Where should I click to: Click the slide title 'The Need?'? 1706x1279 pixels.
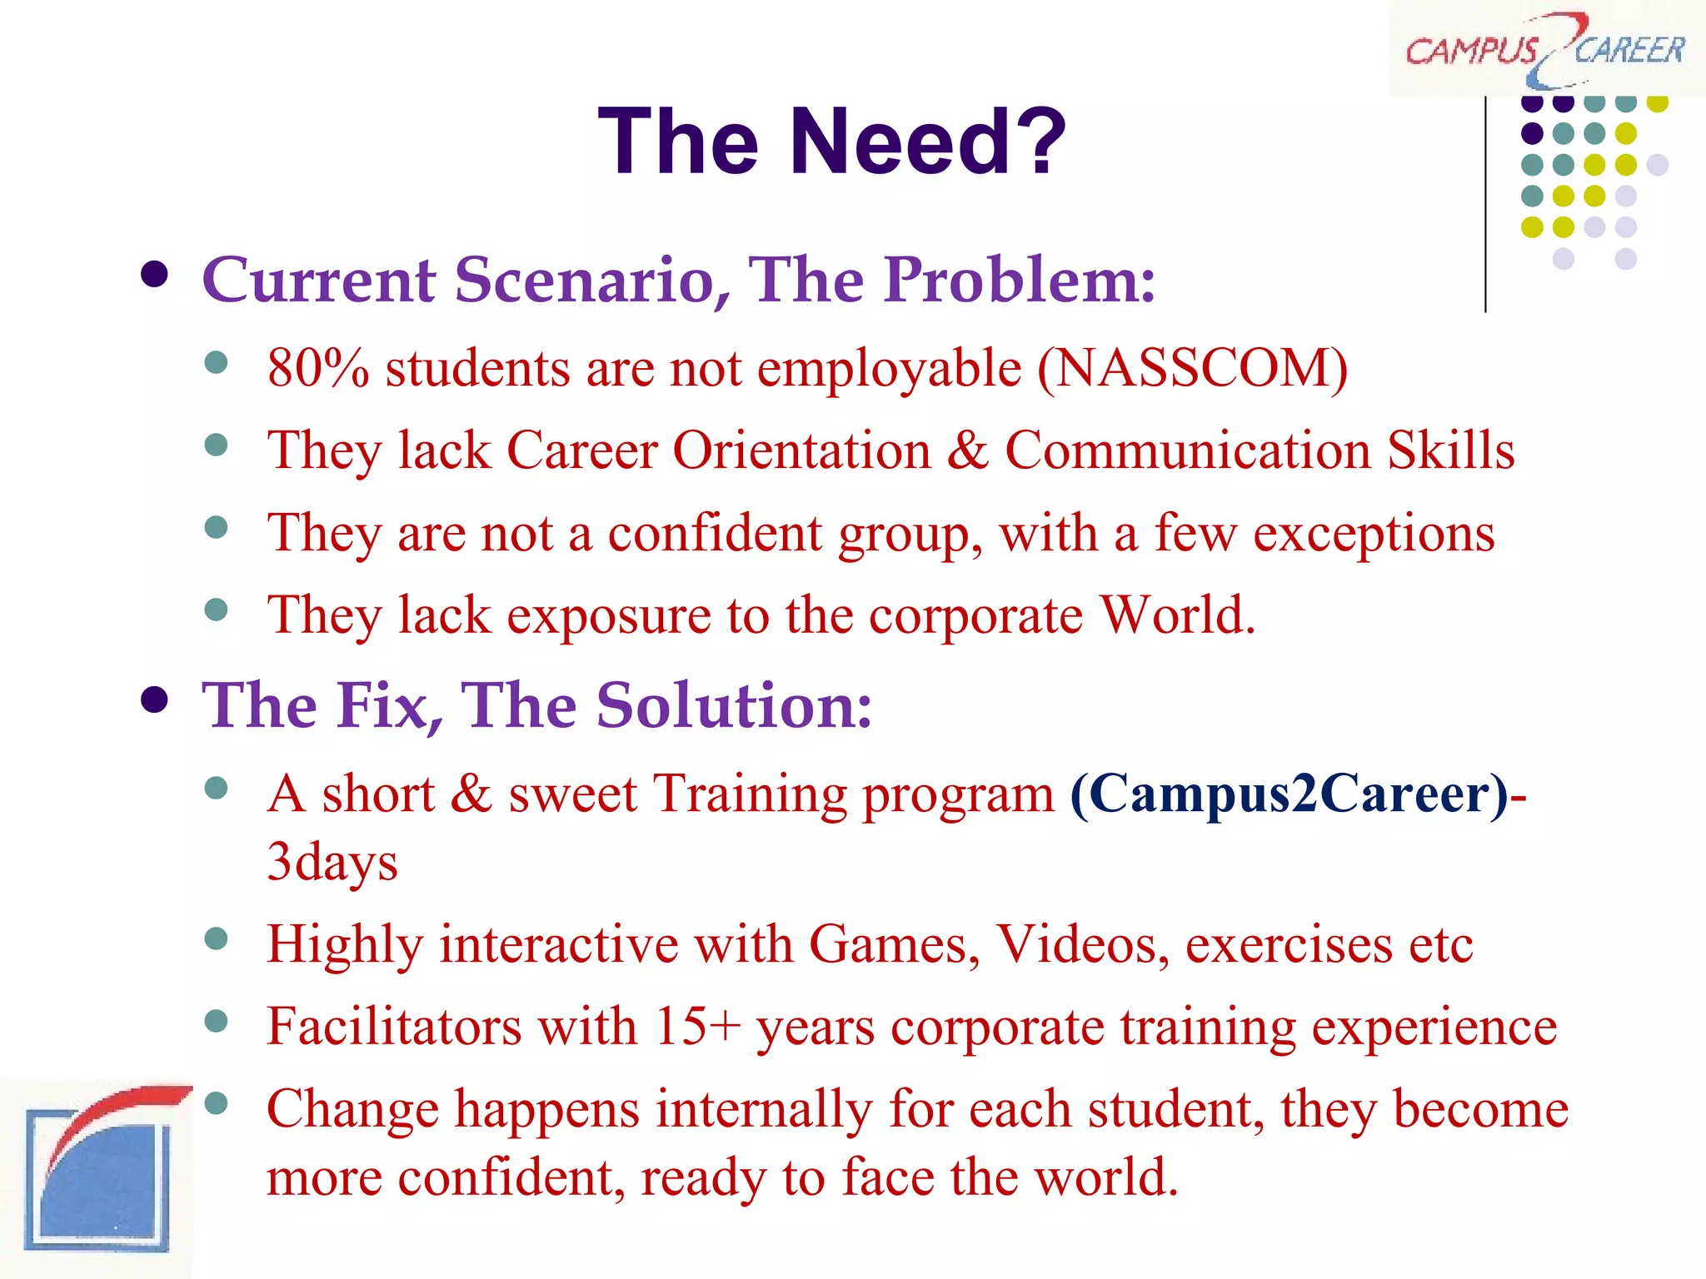click(x=831, y=142)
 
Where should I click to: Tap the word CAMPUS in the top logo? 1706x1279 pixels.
click(x=1470, y=52)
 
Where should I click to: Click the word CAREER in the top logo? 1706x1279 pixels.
click(x=1629, y=50)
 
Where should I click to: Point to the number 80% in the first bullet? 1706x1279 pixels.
click(x=317, y=368)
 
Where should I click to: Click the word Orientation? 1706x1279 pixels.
click(x=801, y=450)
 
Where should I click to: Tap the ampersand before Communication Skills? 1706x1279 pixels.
click(x=967, y=450)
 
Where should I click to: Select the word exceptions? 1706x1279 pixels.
click(x=1374, y=533)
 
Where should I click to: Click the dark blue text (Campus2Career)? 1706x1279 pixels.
click(x=1289, y=793)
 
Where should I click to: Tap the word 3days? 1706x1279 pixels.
click(x=332, y=862)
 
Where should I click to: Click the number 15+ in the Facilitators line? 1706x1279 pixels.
click(x=697, y=1026)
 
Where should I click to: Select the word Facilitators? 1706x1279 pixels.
click(x=393, y=1026)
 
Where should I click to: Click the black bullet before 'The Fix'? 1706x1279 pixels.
click(x=155, y=700)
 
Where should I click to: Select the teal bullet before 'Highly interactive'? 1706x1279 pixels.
click(x=216, y=939)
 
